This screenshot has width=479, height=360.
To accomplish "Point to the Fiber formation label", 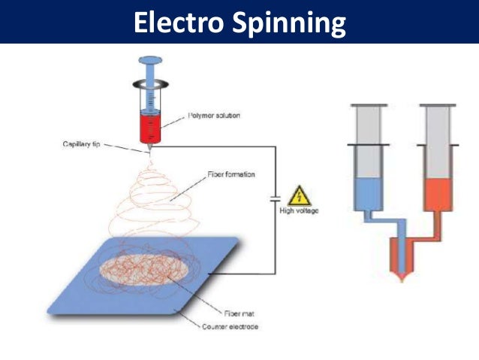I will coord(232,174).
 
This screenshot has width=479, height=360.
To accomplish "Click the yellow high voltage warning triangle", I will coord(299,195).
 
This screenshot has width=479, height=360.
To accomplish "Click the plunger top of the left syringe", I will coord(152,61).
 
